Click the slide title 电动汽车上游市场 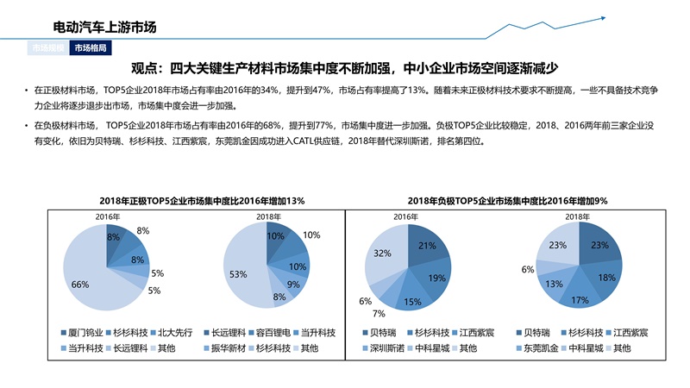coord(104,28)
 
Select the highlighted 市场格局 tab coord(91,48)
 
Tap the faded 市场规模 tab coord(48,48)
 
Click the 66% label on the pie coord(80,285)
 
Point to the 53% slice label coord(238,275)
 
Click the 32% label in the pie coord(382,253)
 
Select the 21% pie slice coord(426,246)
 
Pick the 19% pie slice coord(436,278)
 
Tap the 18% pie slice coord(606,277)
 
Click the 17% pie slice coord(580,300)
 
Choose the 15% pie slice coord(412,301)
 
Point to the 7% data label coord(379,314)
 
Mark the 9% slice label coord(293,284)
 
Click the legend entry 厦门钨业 coord(85,332)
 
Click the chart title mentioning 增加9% coord(507,200)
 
